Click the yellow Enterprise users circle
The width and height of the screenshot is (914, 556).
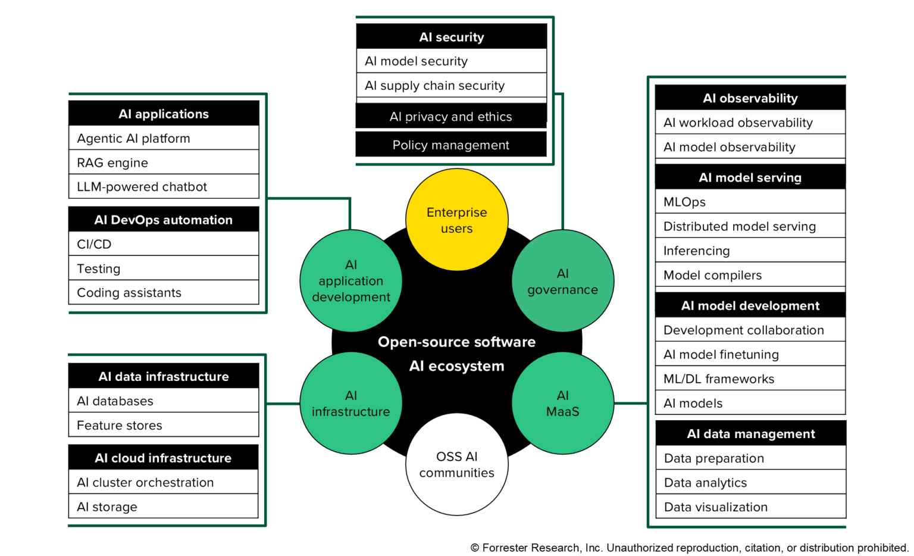456,220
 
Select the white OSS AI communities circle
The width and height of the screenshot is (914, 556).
456,464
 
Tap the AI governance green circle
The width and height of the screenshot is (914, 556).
562,281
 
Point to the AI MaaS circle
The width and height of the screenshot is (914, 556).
562,403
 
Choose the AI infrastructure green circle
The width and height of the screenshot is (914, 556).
350,403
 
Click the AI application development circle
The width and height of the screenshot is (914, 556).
350,281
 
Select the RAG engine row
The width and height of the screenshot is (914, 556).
164,163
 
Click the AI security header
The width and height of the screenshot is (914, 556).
451,37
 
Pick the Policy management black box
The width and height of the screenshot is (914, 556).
450,145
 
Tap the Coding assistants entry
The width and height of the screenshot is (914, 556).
164,292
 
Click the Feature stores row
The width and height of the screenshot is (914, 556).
164,425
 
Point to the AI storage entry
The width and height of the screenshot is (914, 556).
164,507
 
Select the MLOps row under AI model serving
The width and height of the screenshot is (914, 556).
750,202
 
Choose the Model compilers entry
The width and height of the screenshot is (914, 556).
750,275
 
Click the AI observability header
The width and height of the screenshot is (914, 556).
750,98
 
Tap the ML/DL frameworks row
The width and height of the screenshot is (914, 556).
750,379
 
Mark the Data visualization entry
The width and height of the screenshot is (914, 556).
750,507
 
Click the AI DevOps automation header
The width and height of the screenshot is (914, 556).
164,220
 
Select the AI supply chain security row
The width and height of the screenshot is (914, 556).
451,85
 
